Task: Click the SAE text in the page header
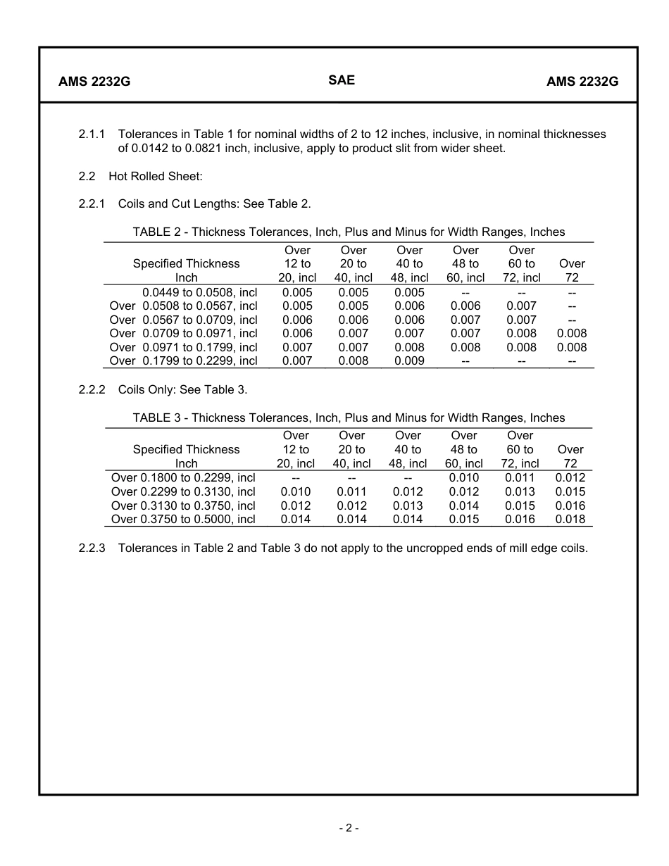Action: point(342,80)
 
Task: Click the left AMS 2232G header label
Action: point(94,81)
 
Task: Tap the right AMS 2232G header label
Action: point(582,81)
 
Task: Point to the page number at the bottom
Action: point(348,828)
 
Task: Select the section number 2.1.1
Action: point(92,134)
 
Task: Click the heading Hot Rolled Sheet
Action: point(156,176)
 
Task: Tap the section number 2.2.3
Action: point(92,548)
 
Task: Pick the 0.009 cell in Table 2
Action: point(409,361)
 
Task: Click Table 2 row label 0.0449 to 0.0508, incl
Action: point(199,292)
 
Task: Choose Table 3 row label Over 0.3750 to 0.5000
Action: point(183,520)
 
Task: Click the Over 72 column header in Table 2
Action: point(572,270)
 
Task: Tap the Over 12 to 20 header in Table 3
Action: point(296,449)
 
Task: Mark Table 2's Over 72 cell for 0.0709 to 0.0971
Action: point(572,334)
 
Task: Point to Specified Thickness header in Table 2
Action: point(186,263)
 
